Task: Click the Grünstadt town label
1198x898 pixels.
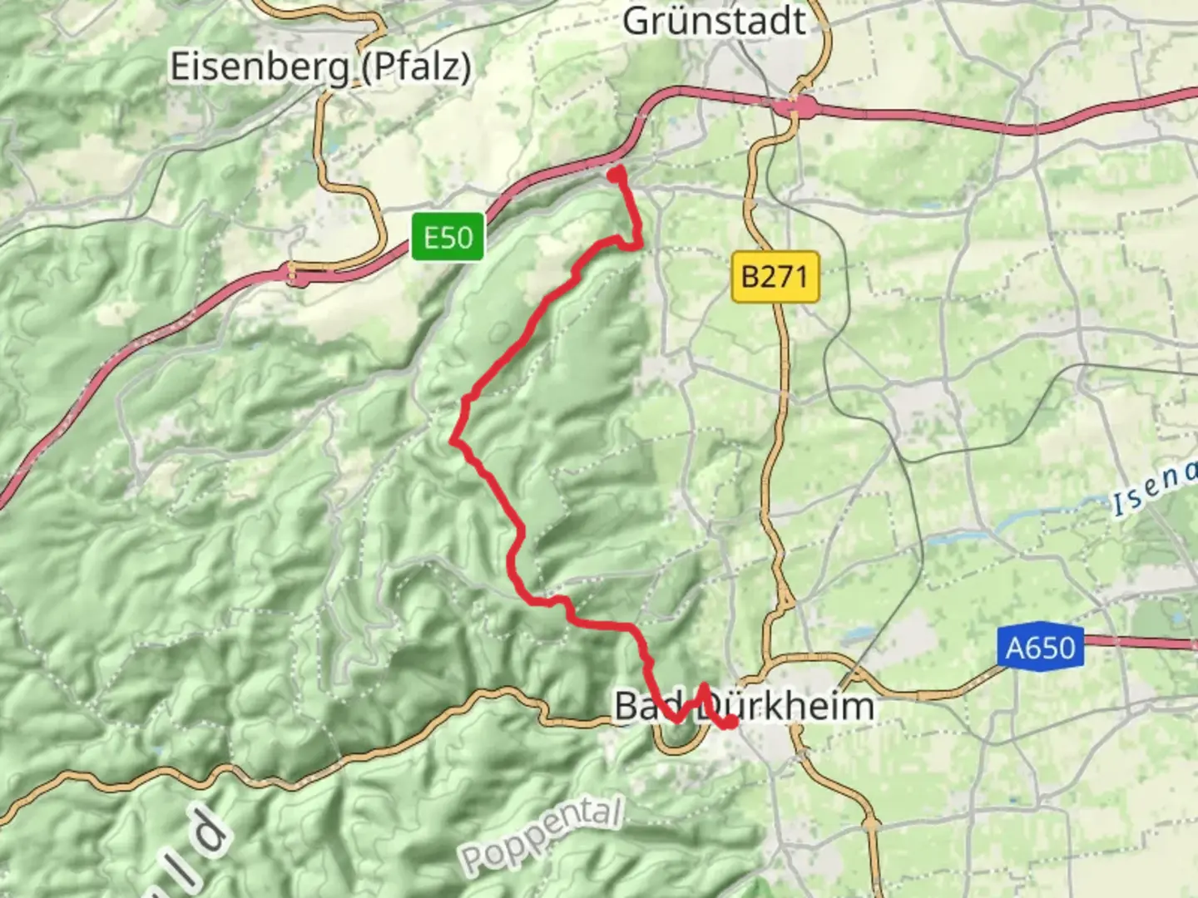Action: point(714,21)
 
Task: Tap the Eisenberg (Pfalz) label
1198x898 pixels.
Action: point(320,67)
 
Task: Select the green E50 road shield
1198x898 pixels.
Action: point(448,238)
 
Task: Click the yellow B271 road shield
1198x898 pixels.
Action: point(775,276)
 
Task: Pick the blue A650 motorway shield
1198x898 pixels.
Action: point(1041,647)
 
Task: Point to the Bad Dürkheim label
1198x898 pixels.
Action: point(745,707)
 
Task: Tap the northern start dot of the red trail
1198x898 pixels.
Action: point(616,175)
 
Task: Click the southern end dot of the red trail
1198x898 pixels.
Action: point(730,722)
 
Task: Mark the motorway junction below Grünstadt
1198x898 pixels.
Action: point(796,106)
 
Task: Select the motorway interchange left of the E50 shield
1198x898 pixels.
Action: point(298,274)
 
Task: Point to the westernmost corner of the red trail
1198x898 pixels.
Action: point(453,440)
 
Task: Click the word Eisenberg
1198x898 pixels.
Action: point(259,67)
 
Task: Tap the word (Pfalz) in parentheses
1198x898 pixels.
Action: point(416,67)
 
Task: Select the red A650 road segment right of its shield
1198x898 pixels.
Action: point(1140,641)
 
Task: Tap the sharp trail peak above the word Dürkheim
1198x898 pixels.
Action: point(704,687)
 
